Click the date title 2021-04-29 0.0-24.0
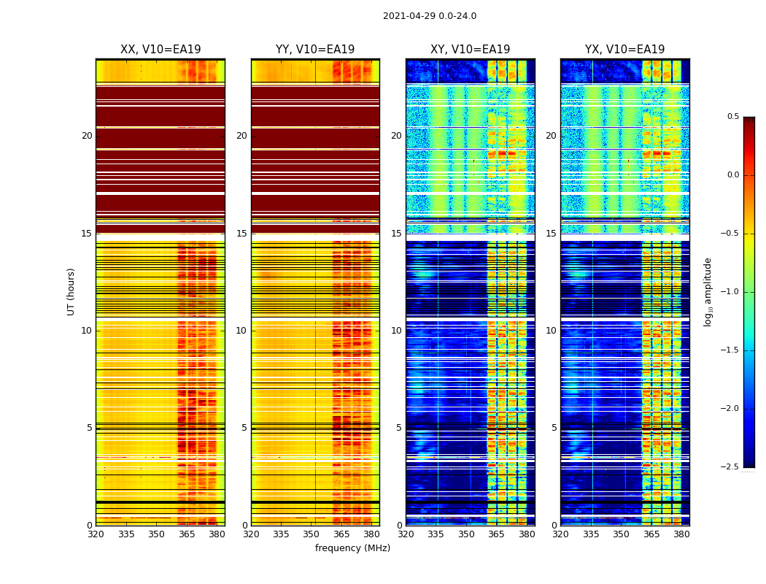click(430, 16)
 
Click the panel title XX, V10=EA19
click(160, 50)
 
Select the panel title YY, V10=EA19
click(315, 50)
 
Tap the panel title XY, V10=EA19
click(470, 50)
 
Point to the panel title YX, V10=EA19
click(624, 50)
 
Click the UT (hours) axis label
click(71, 291)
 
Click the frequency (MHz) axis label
click(352, 548)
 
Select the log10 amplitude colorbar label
click(708, 291)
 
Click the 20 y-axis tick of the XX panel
click(87, 136)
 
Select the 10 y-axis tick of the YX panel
click(552, 331)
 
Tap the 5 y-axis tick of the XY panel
click(399, 428)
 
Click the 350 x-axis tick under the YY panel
click(312, 534)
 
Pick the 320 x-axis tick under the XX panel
click(96, 534)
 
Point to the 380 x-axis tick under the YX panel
click(681, 534)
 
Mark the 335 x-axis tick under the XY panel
click(436, 534)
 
